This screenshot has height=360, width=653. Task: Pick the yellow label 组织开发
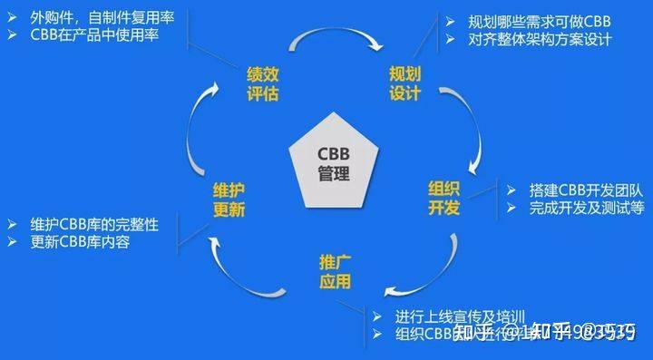coord(444,198)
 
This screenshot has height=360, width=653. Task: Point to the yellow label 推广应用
coord(335,272)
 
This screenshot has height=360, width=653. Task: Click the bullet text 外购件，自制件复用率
coord(104,18)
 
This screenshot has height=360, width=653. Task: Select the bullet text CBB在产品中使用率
coord(96,35)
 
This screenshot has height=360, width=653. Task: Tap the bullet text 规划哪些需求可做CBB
coord(531,21)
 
